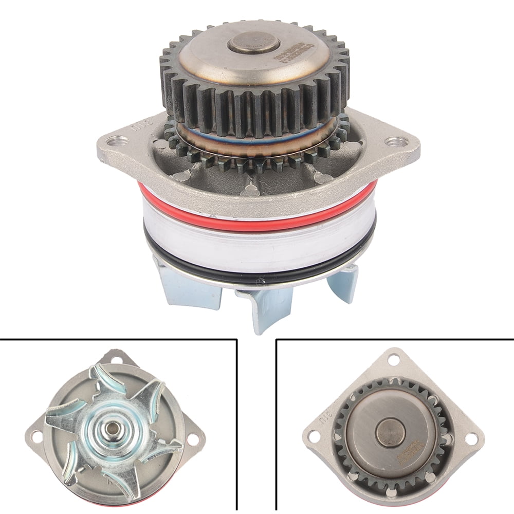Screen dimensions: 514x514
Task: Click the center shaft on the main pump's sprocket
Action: pos(253,42)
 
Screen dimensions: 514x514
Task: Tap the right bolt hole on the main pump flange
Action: pos(395,141)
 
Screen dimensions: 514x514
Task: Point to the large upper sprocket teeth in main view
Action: pos(254,98)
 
